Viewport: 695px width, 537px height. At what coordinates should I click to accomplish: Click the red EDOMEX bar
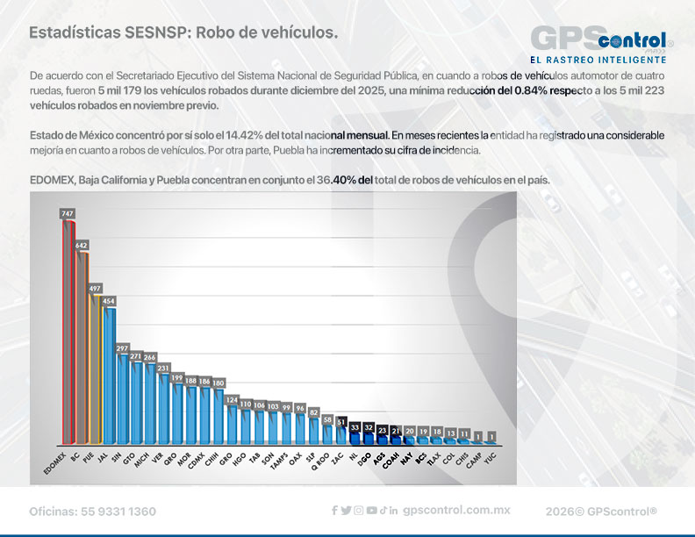point(68,333)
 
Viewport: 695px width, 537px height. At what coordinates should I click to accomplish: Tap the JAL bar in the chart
point(110,373)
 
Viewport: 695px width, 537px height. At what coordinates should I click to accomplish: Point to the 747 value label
point(68,213)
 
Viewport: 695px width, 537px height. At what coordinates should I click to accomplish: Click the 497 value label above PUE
point(96,288)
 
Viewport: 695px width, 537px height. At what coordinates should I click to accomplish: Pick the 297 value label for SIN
point(123,348)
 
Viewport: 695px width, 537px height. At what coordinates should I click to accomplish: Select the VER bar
point(163,406)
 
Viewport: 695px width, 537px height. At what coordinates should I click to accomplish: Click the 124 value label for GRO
point(232,399)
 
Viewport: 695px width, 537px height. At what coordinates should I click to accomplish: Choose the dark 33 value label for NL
point(355,426)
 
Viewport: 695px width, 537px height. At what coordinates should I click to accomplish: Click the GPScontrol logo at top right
point(601,39)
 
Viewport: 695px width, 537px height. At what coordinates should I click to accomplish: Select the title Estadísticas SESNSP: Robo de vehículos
point(183,32)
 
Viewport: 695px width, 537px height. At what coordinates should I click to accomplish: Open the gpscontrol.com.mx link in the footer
point(456,511)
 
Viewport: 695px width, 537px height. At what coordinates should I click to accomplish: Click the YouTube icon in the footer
point(372,511)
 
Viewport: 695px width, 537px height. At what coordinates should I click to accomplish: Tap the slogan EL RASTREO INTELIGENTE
point(598,60)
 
